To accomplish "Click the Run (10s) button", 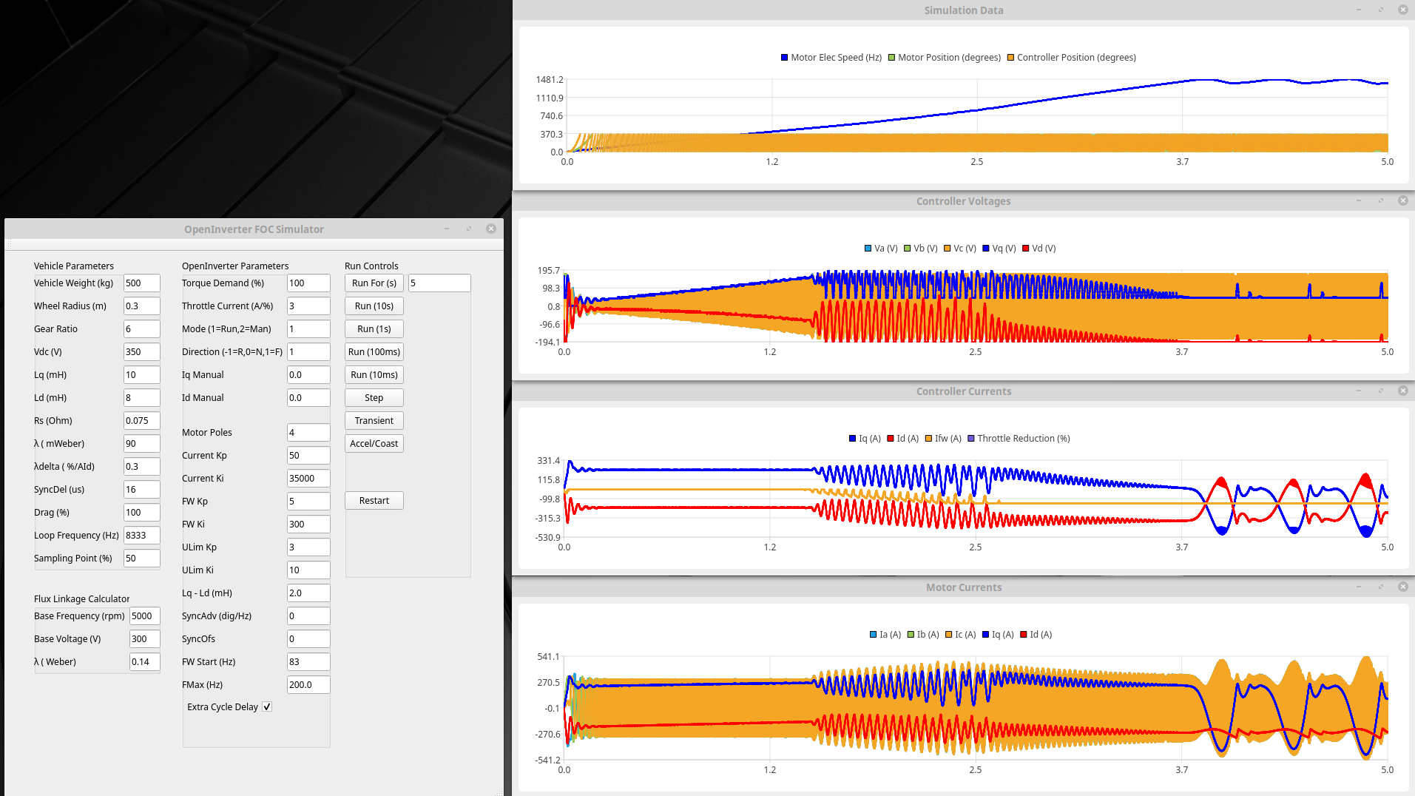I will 374,306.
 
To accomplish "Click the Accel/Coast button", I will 374,443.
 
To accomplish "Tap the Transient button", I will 374,420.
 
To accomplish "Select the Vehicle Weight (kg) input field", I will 141,283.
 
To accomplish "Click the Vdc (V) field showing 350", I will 141,351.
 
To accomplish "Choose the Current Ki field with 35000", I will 308,478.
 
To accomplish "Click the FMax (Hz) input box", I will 308,684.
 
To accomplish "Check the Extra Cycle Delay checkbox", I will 267,706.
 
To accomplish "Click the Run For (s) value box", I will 439,283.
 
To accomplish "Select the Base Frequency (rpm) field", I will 144,615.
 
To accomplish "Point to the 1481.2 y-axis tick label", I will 550,79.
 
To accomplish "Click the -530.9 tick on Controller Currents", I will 548,537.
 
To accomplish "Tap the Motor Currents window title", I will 963,587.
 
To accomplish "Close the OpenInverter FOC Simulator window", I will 491,229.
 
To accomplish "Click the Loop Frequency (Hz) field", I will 141,535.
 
